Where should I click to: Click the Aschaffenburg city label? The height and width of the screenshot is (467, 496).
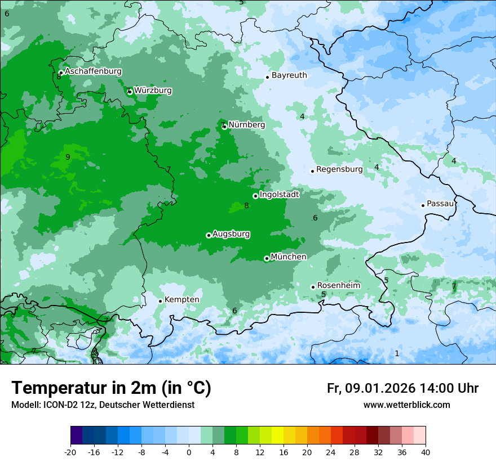tap(93, 71)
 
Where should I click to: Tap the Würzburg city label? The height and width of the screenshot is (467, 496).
tap(153, 90)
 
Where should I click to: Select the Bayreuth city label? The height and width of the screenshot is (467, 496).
tap(289, 75)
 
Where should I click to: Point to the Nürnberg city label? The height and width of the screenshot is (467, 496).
tap(246, 124)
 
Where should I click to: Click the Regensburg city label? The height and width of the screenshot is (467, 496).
tap(339, 169)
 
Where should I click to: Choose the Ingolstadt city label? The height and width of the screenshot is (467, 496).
tap(279, 194)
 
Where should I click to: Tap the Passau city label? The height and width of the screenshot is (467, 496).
tap(440, 204)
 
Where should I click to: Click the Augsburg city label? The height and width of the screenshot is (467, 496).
tap(231, 234)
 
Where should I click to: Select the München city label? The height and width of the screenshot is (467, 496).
tap(289, 257)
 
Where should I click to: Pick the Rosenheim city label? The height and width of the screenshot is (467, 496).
tap(338, 285)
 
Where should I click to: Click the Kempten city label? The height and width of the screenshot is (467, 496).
tap(181, 299)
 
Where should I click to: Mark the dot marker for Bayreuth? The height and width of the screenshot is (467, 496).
tap(267, 77)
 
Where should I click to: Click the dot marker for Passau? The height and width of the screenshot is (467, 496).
tap(423, 205)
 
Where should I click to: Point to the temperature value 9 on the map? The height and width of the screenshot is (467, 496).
tap(68, 157)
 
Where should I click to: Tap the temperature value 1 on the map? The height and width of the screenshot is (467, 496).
tap(397, 353)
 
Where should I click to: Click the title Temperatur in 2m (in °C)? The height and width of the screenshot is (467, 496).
tap(111, 388)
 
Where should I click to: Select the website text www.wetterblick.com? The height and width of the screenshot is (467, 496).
tap(406, 405)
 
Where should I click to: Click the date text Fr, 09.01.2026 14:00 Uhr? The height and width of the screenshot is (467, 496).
tap(402, 388)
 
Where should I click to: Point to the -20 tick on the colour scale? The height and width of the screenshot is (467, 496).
tap(70, 452)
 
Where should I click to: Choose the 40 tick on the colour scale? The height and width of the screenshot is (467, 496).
tap(426, 452)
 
